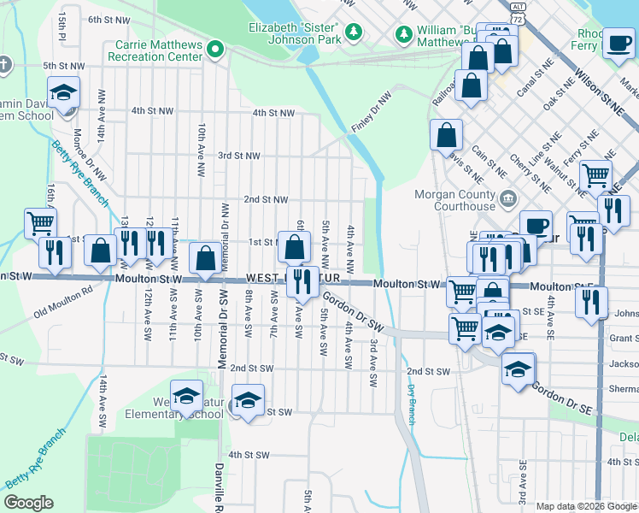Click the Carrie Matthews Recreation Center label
click(x=155, y=50)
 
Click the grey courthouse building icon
click(x=508, y=200)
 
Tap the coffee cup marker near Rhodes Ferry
click(x=618, y=44)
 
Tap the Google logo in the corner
click(x=28, y=503)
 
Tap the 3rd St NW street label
click(x=239, y=156)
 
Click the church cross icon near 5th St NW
click(x=4, y=65)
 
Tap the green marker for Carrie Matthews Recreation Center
click(x=216, y=50)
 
